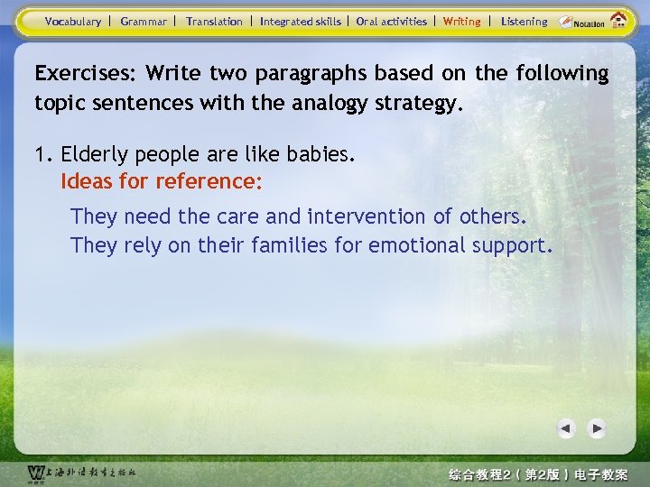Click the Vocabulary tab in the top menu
click(x=72, y=22)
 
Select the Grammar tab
click(x=144, y=22)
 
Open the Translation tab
click(x=214, y=22)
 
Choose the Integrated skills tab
click(x=300, y=22)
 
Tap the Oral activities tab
click(x=391, y=22)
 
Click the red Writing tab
click(x=461, y=22)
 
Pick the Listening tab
click(x=524, y=22)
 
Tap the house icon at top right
click(x=618, y=21)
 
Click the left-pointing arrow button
click(x=566, y=428)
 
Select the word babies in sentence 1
click(x=320, y=154)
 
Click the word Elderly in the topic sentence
click(x=93, y=154)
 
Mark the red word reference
click(x=209, y=182)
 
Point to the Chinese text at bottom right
click(x=538, y=473)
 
